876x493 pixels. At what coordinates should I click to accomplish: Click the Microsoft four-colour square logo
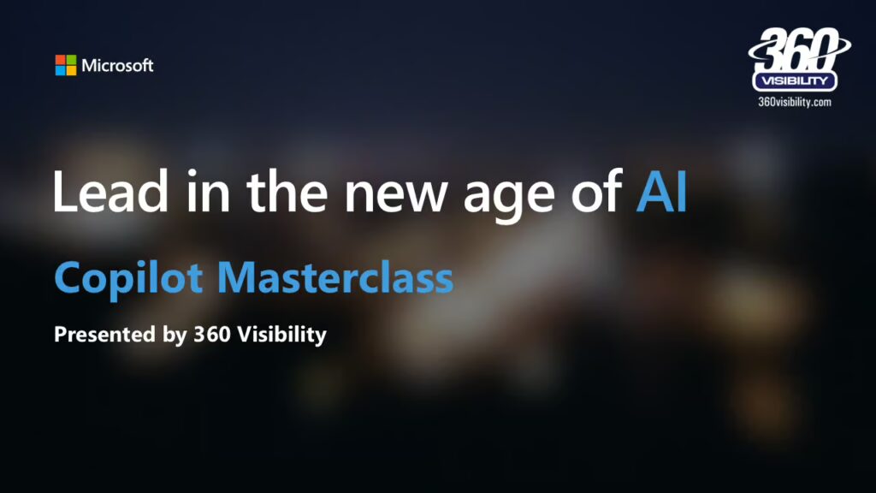[x=66, y=65]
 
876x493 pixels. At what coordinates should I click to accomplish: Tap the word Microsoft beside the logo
[x=117, y=65]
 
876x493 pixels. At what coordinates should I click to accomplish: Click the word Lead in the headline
[x=110, y=191]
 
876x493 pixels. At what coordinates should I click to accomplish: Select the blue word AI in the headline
[x=661, y=191]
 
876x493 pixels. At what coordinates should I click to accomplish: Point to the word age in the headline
[x=509, y=198]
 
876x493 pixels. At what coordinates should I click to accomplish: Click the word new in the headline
[x=395, y=197]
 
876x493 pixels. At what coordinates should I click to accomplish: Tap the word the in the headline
[x=287, y=191]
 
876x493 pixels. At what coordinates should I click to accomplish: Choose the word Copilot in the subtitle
[x=128, y=278]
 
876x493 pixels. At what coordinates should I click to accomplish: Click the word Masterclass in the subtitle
[x=335, y=276]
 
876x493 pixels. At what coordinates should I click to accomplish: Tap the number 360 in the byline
[x=212, y=335]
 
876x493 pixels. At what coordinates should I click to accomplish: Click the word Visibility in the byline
[x=282, y=335]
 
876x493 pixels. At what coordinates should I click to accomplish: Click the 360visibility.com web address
[x=795, y=102]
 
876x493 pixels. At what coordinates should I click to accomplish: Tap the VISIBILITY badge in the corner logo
[x=795, y=80]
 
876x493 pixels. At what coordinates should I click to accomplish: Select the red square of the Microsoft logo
[x=61, y=60]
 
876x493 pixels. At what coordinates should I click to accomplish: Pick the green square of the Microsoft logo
[x=72, y=60]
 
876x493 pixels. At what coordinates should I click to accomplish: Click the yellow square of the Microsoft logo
[x=72, y=70]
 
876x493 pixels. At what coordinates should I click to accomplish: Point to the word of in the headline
[x=596, y=191]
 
